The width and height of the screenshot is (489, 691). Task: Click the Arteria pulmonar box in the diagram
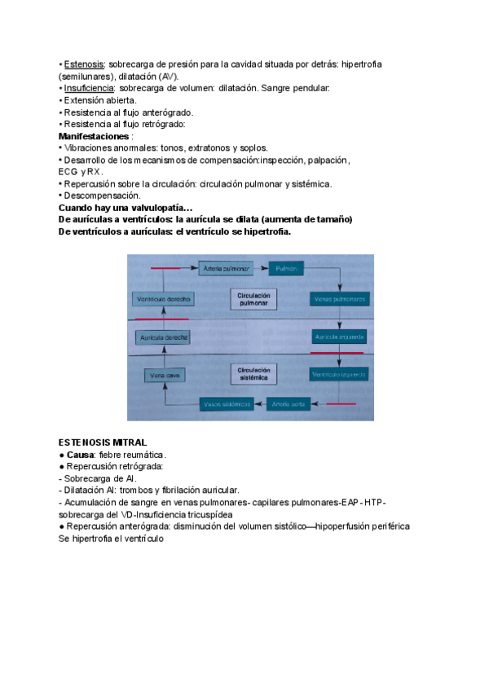222,267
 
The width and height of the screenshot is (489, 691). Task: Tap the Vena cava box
164,375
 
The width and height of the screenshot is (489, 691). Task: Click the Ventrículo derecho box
163,300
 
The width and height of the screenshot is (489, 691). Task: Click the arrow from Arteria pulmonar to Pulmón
260,267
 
